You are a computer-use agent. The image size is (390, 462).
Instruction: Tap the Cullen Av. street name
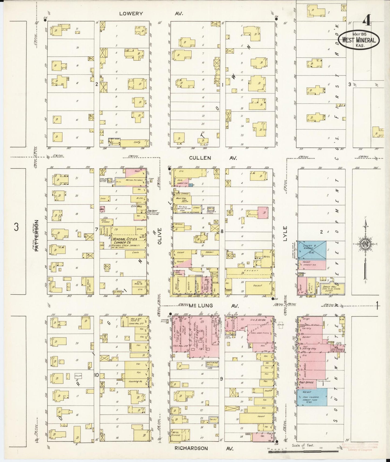pos(210,158)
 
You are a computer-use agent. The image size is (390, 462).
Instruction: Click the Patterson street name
pos(37,236)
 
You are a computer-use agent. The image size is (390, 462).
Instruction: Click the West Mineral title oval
pos(359,40)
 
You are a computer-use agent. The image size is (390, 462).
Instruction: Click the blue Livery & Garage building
pos(312,250)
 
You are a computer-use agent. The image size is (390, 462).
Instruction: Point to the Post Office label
pos(306,382)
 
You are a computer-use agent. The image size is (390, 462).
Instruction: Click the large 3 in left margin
pos(16,227)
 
